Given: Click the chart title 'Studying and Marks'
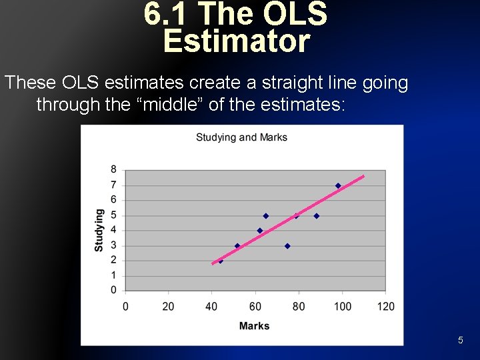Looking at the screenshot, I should pos(241,137).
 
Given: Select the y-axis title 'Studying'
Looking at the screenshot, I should pos(99,230).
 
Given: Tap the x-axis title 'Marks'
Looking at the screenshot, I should pos(254,326).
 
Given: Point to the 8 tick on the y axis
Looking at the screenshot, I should pos(113,169).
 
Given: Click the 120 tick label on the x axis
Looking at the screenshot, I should pos(385,307).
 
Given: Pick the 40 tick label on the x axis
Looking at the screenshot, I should pos(212,307).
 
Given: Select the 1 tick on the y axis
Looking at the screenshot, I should pos(113,275).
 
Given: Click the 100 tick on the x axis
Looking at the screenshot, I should pos(342,307).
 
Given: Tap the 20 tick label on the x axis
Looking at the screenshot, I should pos(169,307).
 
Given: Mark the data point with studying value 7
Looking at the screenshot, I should pos(338,185).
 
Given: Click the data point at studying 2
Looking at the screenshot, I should pos(221,261).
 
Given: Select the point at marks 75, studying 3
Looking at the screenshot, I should pos(287,246).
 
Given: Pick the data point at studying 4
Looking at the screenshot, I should pos(260,231).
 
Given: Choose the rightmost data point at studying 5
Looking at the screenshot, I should pos(317,215).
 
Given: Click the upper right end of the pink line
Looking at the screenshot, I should pos(363,176).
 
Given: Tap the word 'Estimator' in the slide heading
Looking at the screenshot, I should pos(237,41).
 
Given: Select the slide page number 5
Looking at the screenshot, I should pos(460,341).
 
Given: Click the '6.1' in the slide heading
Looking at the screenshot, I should pos(167,15).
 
